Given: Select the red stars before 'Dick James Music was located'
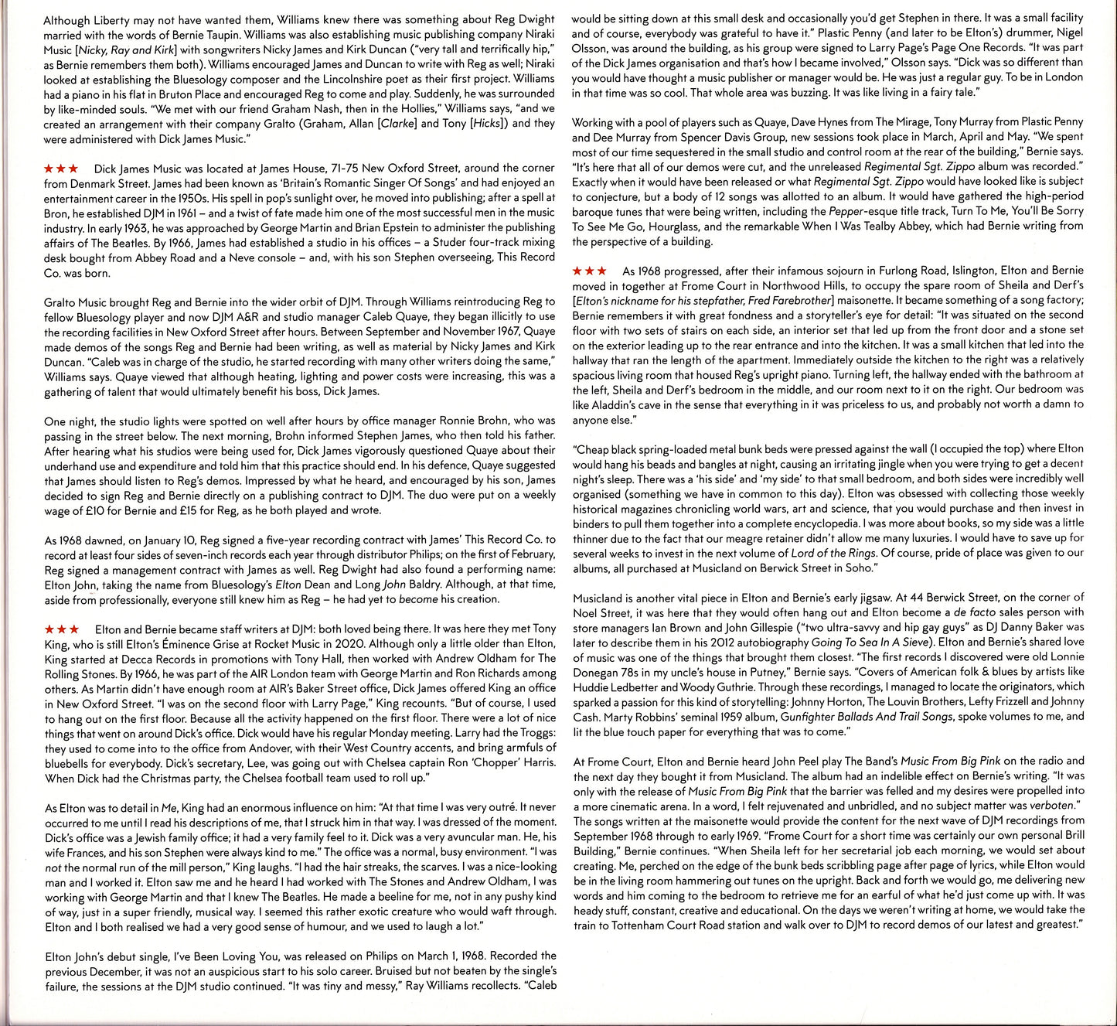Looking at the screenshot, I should (61, 168).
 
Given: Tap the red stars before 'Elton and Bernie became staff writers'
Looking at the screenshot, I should (61, 629).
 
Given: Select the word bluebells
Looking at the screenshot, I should (70, 763).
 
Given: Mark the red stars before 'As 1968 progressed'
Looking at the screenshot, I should (590, 271).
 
